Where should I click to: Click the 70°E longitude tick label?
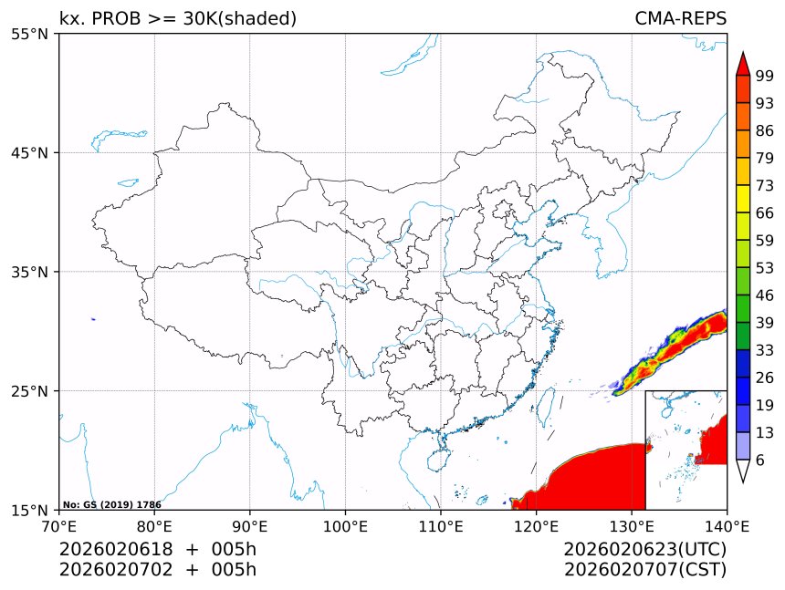(x=59, y=525)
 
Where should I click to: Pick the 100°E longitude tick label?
(x=346, y=525)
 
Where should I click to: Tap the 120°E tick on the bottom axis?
(x=537, y=525)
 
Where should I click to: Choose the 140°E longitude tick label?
(x=727, y=525)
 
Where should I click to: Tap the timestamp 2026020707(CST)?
(x=644, y=570)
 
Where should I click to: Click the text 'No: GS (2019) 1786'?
(x=111, y=504)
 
